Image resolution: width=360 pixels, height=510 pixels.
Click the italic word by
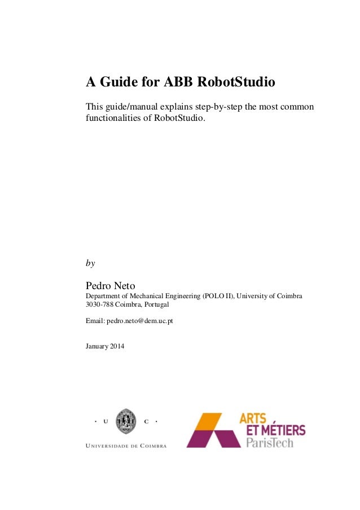[90, 263]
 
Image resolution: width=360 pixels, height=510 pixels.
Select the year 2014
[118, 346]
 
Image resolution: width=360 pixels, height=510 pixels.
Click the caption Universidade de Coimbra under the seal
[125, 446]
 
